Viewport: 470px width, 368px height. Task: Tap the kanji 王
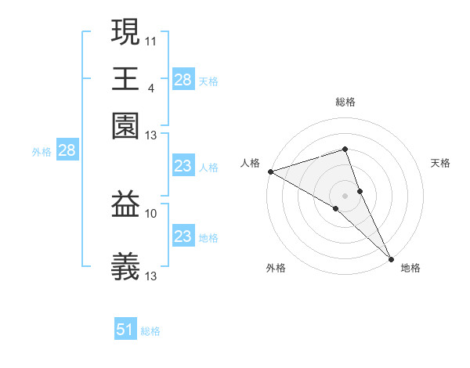pyautogui.click(x=125, y=78)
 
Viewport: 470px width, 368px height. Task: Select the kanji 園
pyautogui.click(x=125, y=125)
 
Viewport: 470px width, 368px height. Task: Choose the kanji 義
pyautogui.click(x=125, y=266)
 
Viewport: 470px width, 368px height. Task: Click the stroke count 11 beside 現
pyautogui.click(x=150, y=41)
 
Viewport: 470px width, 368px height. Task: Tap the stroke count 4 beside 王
pyautogui.click(x=150, y=88)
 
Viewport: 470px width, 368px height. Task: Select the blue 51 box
pyautogui.click(x=125, y=330)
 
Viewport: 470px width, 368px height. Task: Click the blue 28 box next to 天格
pyautogui.click(x=183, y=79)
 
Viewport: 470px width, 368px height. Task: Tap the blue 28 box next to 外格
pyautogui.click(x=67, y=150)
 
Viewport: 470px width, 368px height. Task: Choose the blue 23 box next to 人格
pyautogui.click(x=183, y=166)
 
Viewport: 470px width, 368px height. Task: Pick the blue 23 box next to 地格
pyautogui.click(x=183, y=236)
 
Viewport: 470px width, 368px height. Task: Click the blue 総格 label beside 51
pyautogui.click(x=150, y=331)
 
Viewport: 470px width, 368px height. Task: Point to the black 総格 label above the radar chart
pyautogui.click(x=345, y=102)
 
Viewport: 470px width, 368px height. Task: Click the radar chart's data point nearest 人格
pyautogui.click(x=269, y=171)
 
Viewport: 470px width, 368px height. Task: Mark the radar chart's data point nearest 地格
pyautogui.click(x=391, y=258)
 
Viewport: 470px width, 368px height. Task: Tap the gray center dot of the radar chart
pyautogui.click(x=345, y=195)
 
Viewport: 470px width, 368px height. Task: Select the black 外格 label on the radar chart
pyautogui.click(x=276, y=269)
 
